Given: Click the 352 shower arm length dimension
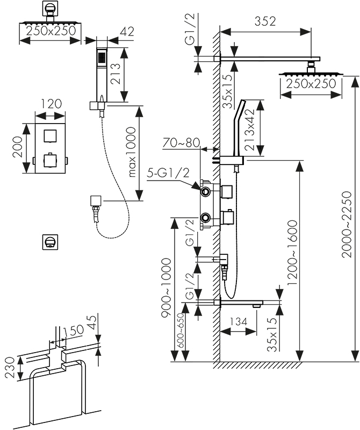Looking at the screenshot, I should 265,21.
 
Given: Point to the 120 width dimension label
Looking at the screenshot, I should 51,103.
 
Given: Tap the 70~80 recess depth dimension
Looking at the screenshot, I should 182,144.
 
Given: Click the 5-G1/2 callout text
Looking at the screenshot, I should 168,174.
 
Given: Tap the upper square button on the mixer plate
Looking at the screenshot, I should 50,135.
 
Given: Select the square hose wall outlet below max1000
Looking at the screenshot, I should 95,202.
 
